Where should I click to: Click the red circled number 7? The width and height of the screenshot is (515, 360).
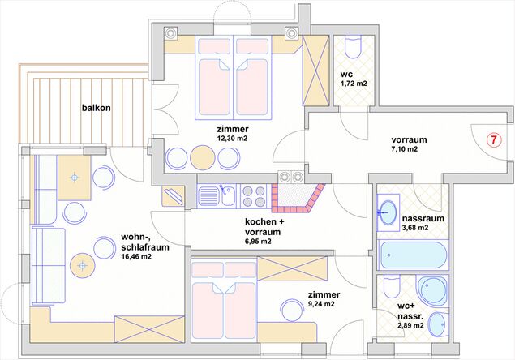(x=494, y=140)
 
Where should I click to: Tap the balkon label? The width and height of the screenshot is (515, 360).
(x=97, y=108)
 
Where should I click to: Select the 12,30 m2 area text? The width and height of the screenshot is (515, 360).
(x=232, y=139)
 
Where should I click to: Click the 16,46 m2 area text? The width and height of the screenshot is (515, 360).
(x=136, y=257)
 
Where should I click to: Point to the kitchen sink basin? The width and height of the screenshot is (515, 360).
(x=228, y=196)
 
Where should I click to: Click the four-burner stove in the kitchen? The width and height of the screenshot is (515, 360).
(x=253, y=196)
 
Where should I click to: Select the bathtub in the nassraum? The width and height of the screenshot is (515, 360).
(x=413, y=255)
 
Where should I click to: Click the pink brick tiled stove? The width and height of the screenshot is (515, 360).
(x=298, y=197)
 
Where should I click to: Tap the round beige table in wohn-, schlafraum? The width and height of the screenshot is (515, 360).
(x=82, y=265)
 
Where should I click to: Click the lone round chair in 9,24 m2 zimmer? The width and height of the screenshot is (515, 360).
(x=292, y=310)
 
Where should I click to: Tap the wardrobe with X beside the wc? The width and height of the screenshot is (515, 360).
(x=315, y=70)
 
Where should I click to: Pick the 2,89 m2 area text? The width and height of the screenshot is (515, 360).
(x=410, y=325)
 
